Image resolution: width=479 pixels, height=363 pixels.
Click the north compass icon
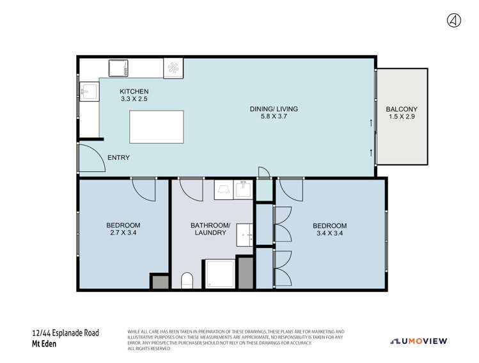coord(453,20)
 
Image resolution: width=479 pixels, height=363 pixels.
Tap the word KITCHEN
coord(134,91)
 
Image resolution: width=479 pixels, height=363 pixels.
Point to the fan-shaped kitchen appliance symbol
coord(174,67)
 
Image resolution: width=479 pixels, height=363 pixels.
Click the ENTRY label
coord(118,158)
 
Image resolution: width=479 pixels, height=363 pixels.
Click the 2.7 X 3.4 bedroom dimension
coord(123,234)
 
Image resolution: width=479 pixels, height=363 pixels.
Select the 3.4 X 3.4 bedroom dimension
coord(329,234)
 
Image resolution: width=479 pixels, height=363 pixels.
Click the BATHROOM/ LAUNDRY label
coord(210,229)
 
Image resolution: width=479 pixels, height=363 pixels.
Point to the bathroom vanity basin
coord(245,236)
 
